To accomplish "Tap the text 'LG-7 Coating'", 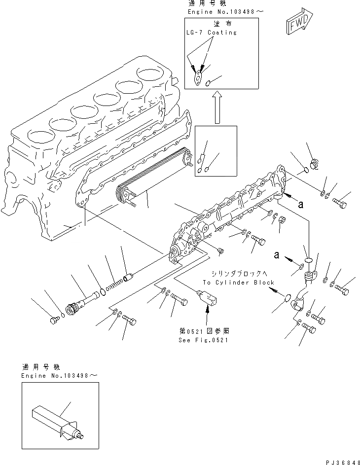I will (x=212, y=33).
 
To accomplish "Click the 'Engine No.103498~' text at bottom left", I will (x=59, y=376).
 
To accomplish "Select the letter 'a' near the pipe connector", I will (x=277, y=255).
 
